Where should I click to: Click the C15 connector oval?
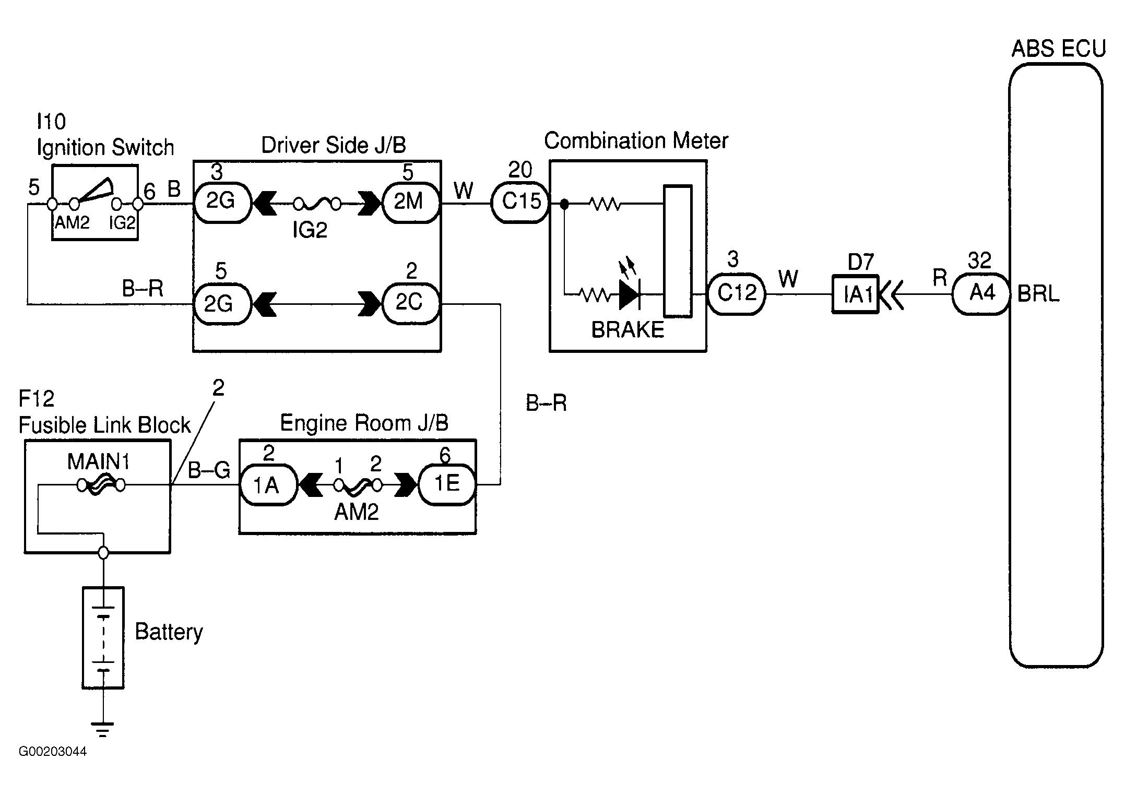(520, 203)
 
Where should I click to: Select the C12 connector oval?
(737, 294)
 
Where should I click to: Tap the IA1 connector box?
(856, 294)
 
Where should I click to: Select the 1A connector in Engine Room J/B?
(268, 485)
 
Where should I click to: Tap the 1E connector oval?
(447, 485)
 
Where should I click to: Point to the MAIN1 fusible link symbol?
(101, 486)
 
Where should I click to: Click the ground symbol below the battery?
(103, 729)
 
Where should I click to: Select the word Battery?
(169, 632)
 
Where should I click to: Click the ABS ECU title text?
(1059, 49)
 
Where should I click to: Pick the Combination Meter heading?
(636, 141)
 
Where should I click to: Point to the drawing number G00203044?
(53, 752)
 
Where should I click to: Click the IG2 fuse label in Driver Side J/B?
(310, 230)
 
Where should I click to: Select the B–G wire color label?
(209, 470)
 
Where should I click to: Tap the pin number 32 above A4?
(979, 260)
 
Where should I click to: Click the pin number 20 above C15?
(520, 170)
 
